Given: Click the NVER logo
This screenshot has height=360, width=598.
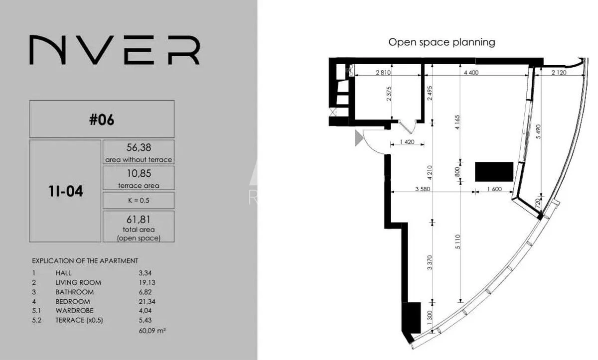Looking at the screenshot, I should [x=115, y=50].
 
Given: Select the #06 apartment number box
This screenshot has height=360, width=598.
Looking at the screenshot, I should [x=102, y=120].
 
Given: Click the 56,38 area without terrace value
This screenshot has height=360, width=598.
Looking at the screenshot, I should [x=139, y=147].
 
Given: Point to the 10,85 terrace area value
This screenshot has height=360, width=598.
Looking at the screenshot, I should [x=139, y=174].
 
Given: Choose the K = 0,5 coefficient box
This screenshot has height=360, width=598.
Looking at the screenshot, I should [x=139, y=201].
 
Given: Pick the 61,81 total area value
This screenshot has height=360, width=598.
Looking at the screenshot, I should [x=139, y=219].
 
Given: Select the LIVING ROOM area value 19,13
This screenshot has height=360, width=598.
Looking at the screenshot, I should [x=148, y=282].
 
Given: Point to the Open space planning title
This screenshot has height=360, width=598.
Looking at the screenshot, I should [x=442, y=42].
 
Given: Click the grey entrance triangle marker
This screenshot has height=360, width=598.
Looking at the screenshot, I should [x=358, y=138].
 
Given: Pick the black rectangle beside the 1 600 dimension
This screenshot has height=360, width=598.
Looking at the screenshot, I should [x=494, y=171].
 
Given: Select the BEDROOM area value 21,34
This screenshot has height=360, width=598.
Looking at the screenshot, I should [x=148, y=301].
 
